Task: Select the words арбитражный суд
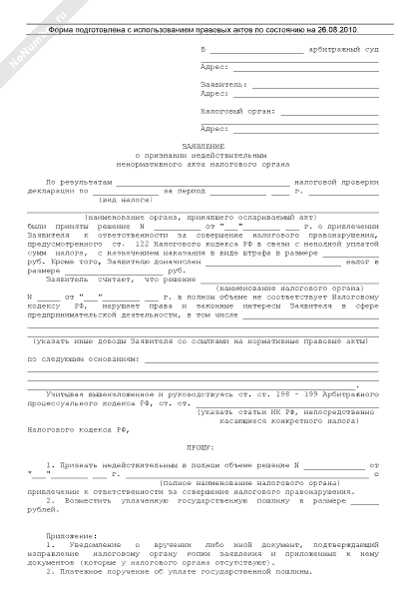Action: point(344,49)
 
